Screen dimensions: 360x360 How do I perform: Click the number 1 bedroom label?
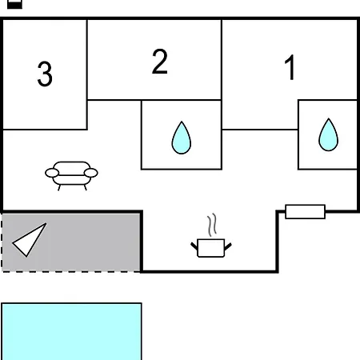click(290, 67)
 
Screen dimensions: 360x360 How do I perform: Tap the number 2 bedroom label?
click(160, 62)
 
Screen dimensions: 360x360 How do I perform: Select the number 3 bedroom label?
click(45, 74)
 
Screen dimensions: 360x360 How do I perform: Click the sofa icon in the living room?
click(71, 176)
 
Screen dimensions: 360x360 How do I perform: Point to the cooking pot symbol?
click(211, 248)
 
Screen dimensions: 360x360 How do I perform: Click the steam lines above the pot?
click(212, 225)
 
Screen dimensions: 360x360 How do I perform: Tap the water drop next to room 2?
click(182, 138)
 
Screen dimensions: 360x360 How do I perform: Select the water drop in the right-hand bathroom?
click(329, 134)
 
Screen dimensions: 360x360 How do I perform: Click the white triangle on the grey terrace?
click(30, 239)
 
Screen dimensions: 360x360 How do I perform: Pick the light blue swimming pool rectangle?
click(71, 331)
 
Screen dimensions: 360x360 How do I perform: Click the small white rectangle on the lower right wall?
click(306, 212)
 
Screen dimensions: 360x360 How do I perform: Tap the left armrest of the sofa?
click(52, 173)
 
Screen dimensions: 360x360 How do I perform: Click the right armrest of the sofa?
click(91, 173)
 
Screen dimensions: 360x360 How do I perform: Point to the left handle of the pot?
click(194, 246)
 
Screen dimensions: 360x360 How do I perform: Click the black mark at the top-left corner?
click(14, 4)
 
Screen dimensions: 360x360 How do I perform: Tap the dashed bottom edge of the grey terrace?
click(71, 272)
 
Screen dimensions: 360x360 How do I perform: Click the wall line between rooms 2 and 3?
click(87, 74)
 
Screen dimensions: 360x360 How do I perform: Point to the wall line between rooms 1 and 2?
click(222, 60)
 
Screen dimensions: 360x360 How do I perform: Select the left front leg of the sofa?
click(59, 188)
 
